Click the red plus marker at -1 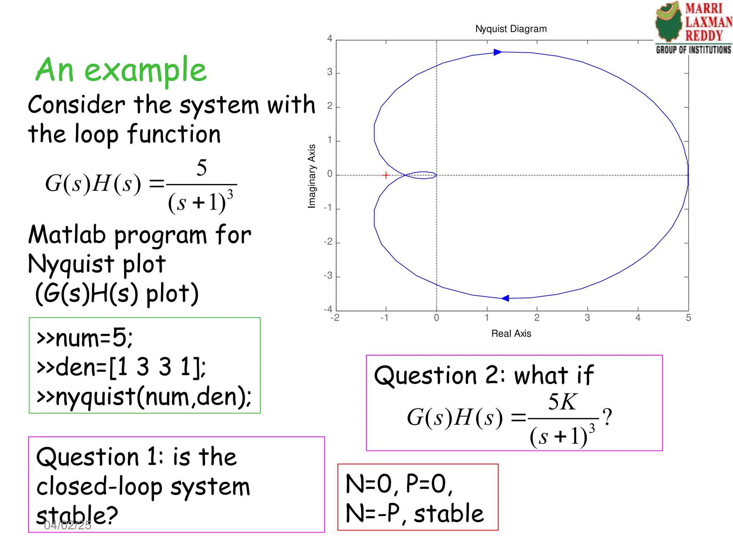pos(386,175)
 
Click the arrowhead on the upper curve pos(497,52)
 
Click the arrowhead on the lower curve pos(505,298)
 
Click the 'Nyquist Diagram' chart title pos(511,29)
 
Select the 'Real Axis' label pos(511,334)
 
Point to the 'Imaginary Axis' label pos(312,176)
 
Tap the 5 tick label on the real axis pos(688,318)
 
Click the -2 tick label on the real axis pos(335,318)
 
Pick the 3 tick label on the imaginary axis pos(330,72)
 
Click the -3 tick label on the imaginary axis pos(328,276)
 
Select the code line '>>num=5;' pos(84,338)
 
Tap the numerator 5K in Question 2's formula pos(562,402)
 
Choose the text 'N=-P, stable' pos(414,513)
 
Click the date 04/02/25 pos(68,525)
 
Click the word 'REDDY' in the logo pos(704,36)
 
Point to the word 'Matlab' pos(68,235)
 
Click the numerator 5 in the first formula pos(202,168)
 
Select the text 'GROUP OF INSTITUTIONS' pos(693,50)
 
